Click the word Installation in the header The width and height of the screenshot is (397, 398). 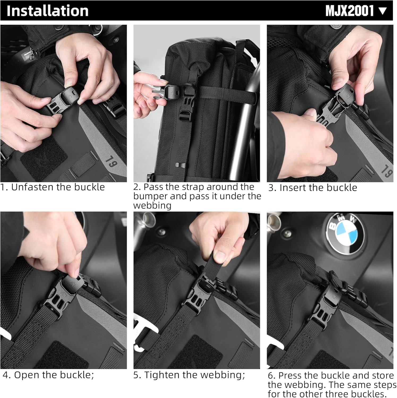[47, 11]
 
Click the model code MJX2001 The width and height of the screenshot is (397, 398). [349, 11]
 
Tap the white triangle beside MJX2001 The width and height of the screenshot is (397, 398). [383, 11]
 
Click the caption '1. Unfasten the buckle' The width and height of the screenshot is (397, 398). [52, 187]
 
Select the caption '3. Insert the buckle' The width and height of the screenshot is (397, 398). [313, 188]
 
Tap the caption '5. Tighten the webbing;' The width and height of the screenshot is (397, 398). [189, 375]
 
